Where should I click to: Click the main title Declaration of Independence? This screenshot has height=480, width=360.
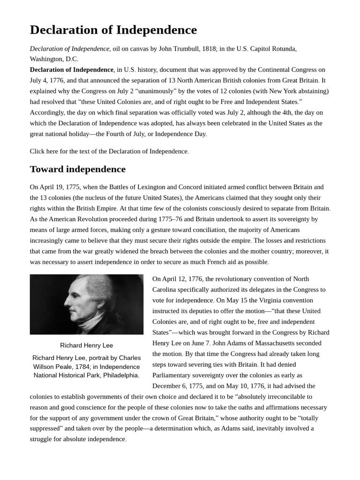(x=113, y=30)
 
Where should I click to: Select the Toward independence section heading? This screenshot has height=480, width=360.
(x=78, y=169)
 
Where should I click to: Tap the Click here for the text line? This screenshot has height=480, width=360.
(x=109, y=151)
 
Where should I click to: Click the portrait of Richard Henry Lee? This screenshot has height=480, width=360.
(x=87, y=304)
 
